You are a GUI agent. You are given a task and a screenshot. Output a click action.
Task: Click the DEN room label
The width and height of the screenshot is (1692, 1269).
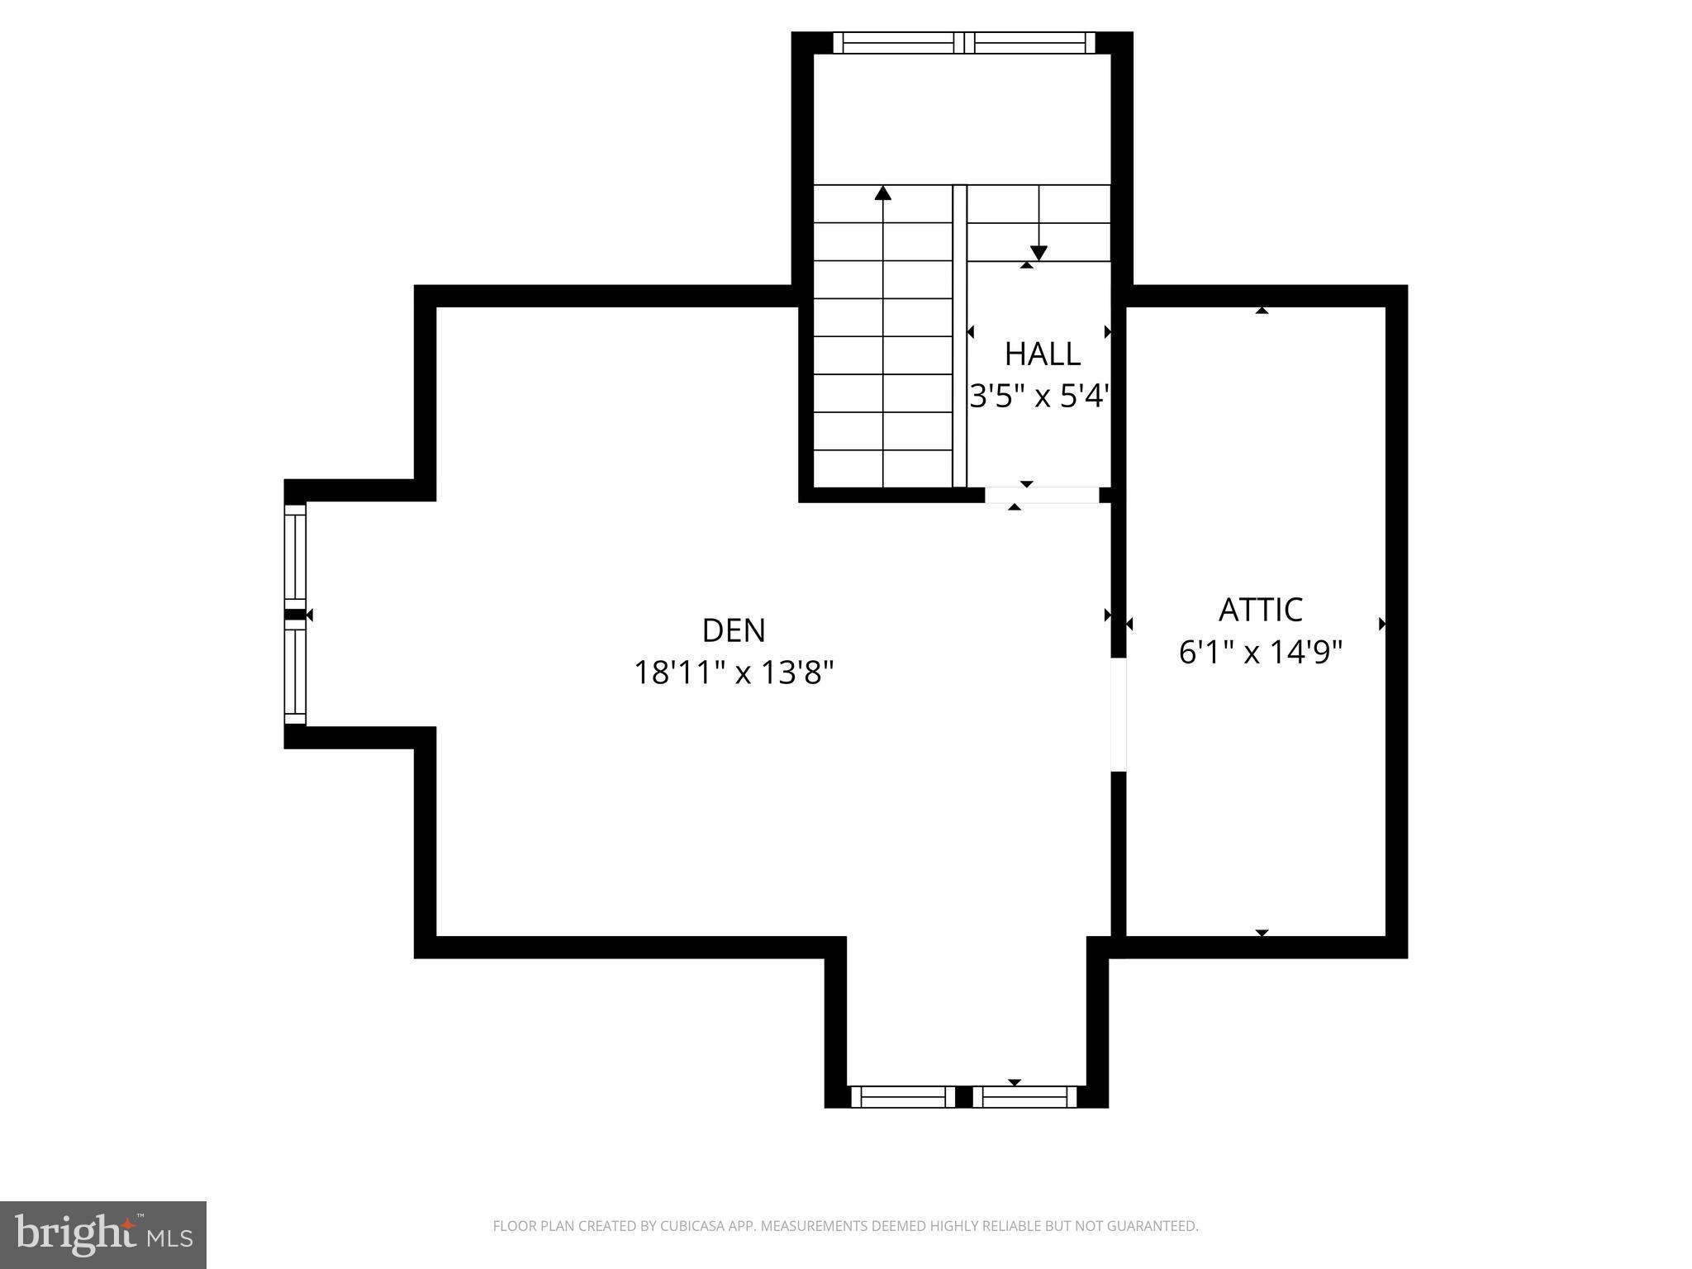(x=734, y=630)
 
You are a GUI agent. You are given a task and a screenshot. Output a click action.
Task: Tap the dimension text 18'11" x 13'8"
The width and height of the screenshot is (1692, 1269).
(x=734, y=673)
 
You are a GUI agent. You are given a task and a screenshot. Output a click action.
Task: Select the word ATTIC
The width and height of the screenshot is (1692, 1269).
(x=1261, y=610)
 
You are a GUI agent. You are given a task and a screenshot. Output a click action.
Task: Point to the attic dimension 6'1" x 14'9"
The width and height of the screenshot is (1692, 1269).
(x=1261, y=653)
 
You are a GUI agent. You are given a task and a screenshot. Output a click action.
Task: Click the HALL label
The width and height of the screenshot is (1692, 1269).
(x=1042, y=354)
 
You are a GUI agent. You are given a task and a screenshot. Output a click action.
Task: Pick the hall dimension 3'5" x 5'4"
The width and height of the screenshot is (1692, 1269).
(x=1038, y=397)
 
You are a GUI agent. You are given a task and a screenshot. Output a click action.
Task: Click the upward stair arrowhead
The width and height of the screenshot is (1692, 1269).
(x=883, y=193)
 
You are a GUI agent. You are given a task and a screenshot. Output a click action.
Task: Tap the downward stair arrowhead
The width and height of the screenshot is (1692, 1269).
(x=1038, y=253)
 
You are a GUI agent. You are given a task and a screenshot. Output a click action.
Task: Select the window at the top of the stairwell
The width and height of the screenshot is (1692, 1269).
(x=963, y=43)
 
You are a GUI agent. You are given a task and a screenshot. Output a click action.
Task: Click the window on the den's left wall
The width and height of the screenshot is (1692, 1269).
(x=295, y=615)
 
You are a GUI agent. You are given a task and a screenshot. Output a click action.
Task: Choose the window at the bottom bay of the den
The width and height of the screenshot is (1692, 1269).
(x=964, y=1096)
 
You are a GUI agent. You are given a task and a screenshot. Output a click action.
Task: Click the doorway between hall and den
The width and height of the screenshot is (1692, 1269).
(x=1042, y=495)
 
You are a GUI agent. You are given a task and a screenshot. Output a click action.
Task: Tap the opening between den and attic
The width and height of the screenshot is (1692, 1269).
(x=1118, y=715)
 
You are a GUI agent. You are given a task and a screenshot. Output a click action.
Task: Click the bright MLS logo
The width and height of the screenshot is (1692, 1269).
(x=103, y=1234)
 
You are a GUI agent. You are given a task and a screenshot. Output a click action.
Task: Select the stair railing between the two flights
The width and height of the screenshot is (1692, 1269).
(x=959, y=335)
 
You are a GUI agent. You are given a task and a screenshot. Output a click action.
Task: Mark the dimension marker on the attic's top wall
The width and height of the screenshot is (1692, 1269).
(x=1262, y=311)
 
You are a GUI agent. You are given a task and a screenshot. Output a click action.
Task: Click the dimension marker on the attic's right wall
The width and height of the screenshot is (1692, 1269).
(x=1381, y=624)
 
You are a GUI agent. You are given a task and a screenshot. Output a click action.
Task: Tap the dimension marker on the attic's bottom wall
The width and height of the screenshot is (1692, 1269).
(x=1262, y=933)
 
